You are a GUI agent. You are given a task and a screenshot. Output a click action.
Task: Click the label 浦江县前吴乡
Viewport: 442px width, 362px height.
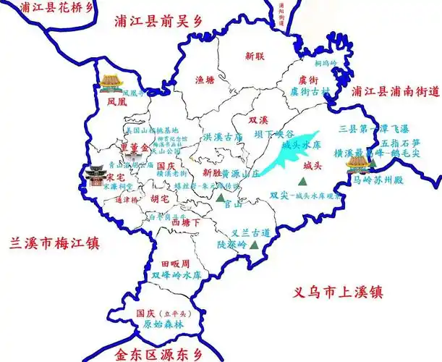160,22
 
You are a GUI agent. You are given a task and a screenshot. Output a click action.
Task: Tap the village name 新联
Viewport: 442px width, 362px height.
255,55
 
